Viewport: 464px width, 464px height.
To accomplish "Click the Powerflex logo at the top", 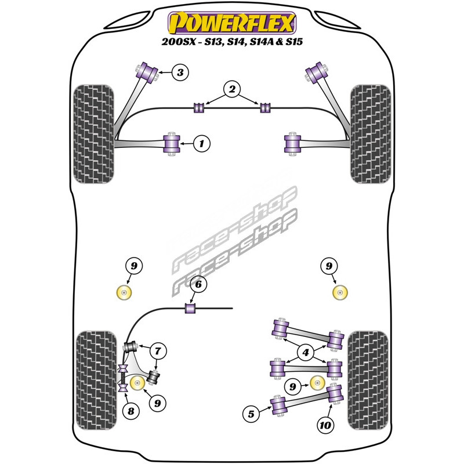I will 231,23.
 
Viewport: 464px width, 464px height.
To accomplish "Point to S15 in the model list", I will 292,43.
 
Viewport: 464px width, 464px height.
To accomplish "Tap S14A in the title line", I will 255,43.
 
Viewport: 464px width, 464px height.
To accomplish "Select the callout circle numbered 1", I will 201,143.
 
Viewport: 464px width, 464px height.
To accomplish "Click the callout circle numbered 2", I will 232,90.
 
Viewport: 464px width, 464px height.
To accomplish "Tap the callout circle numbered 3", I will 180,72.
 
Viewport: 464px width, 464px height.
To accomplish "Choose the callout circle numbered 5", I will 251,414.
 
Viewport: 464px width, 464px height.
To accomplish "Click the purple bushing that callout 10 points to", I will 333,394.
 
